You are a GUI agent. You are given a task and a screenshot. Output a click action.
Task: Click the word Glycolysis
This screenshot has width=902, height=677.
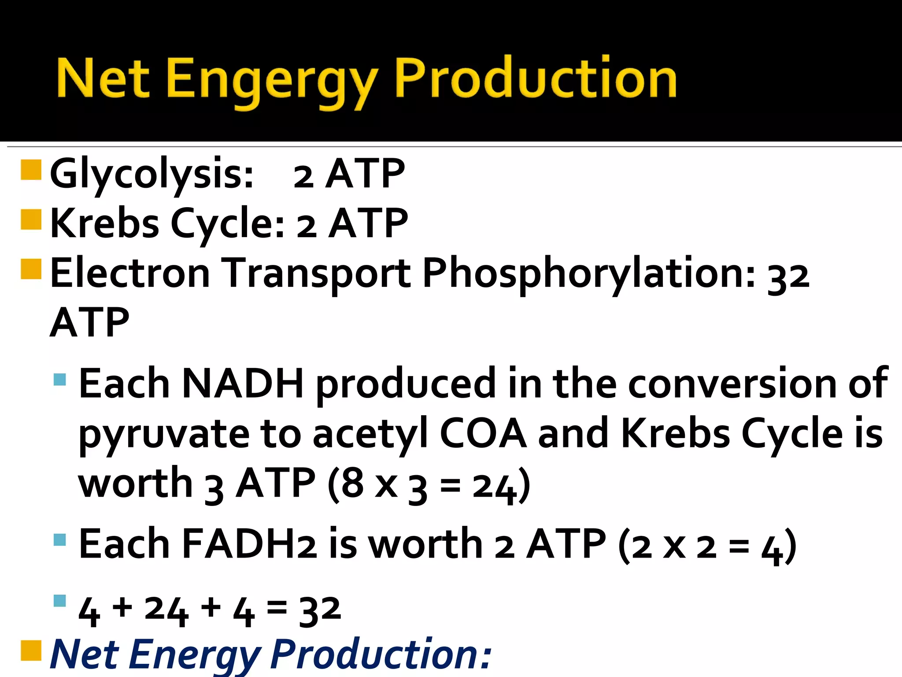pyautogui.click(x=152, y=174)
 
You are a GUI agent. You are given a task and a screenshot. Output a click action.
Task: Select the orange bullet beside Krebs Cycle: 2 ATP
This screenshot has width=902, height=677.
pyautogui.click(x=31, y=219)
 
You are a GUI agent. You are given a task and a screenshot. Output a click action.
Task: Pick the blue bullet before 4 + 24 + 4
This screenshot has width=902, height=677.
pyautogui.click(x=59, y=601)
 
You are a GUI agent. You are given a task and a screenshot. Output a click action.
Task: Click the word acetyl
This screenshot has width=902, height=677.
pyautogui.click(x=370, y=434)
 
